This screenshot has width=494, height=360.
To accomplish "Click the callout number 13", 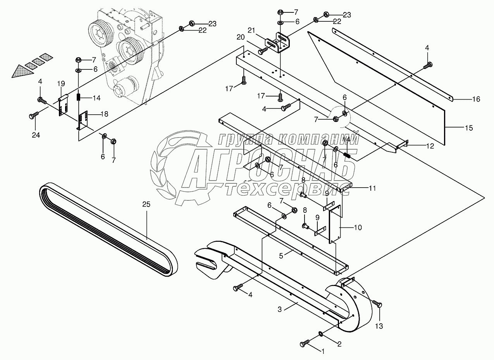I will pos(379,326).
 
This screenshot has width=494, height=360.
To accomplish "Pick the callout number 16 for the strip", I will pos(476,99).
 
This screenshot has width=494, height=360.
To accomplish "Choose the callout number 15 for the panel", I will pos(469,128).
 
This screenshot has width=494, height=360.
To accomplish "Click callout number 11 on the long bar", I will pos(372,188).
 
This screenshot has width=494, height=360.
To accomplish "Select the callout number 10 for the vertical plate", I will pos(358,227).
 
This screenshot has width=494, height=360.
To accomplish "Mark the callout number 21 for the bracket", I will pos(251,31).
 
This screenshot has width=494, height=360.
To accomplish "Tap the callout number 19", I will pos(61,83).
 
